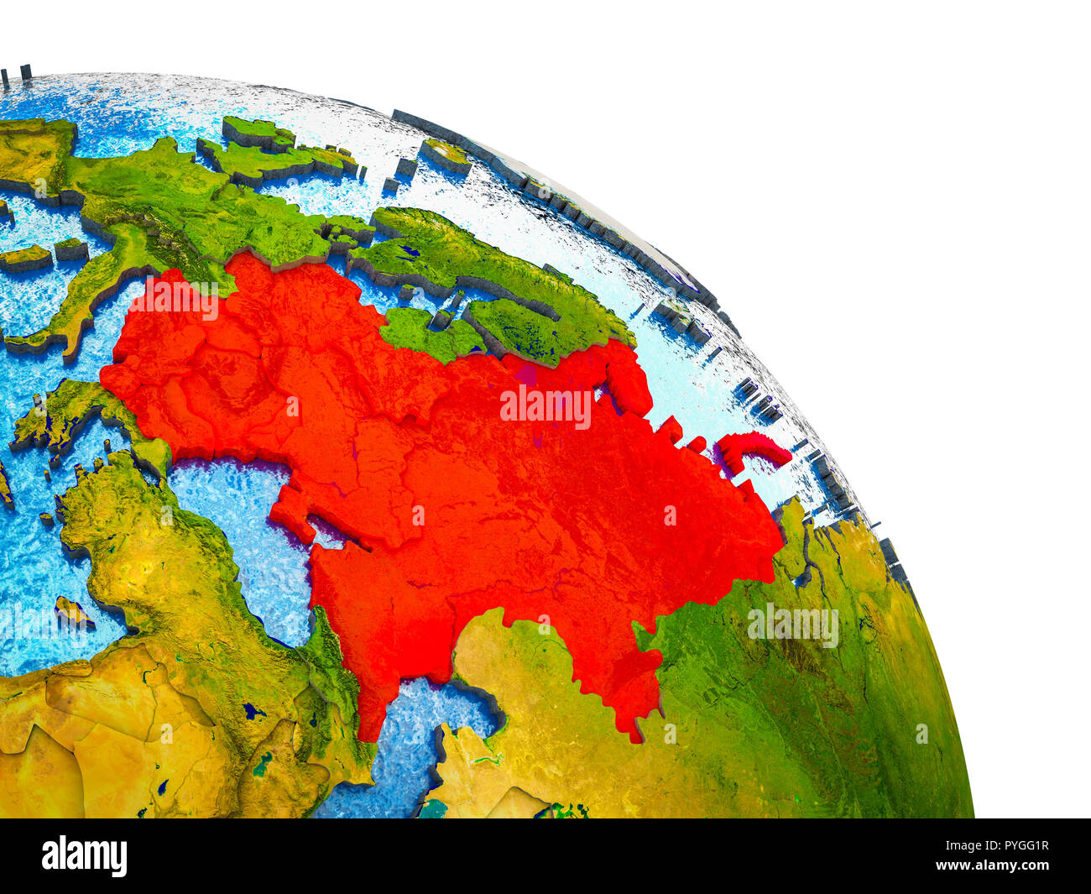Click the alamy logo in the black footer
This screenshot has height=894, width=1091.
[84, 856]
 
